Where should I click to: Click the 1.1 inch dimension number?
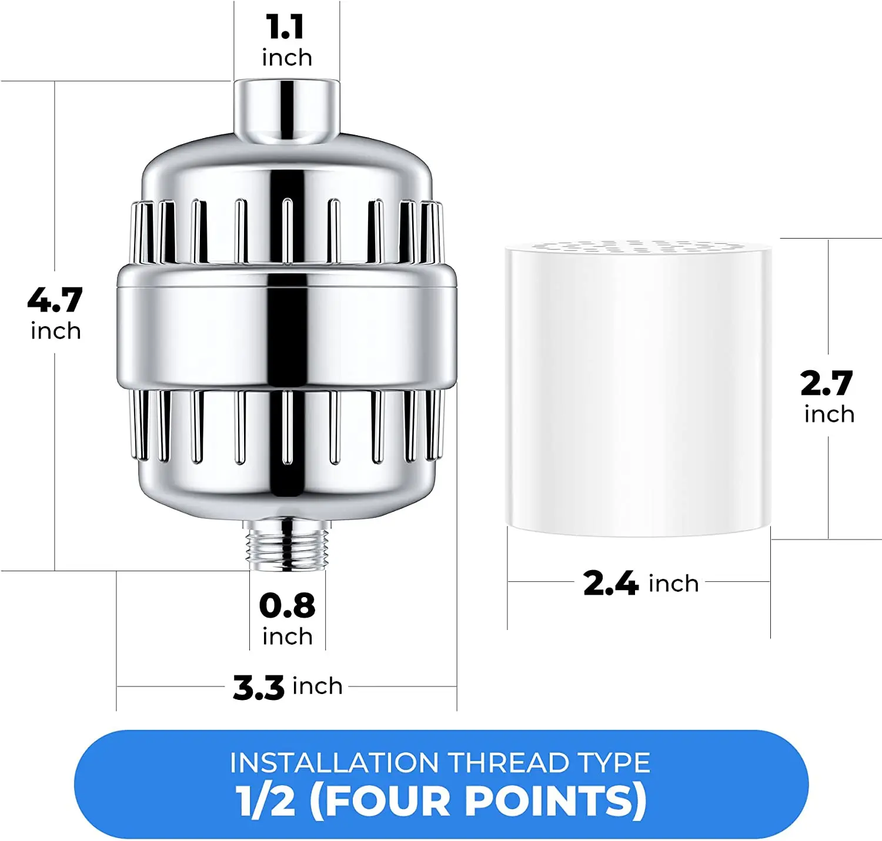coord(286,27)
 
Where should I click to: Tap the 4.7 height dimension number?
coord(55,300)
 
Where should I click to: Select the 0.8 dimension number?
coord(287,606)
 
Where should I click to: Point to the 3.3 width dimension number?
coord(259,687)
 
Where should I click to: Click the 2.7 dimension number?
coord(827,384)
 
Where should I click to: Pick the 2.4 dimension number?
coord(610,584)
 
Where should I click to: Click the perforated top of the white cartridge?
coord(639,246)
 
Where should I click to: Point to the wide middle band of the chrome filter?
coord(287,327)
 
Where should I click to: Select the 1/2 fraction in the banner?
coord(265,801)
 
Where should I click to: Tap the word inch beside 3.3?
coord(318,686)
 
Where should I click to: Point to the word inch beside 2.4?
coord(673,584)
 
